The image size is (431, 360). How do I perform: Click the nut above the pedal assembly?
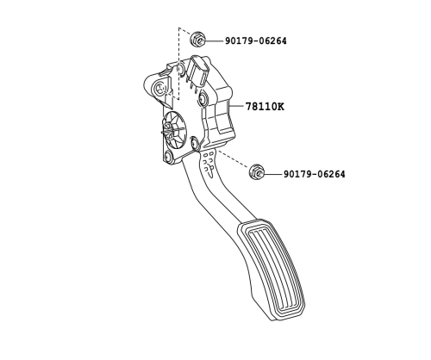pos(197,40)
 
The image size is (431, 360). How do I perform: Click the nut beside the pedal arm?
pos(257,172)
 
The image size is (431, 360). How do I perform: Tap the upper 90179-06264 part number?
pos(255,41)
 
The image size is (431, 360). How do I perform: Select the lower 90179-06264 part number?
pos(315,174)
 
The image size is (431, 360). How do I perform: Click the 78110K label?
pos(265,107)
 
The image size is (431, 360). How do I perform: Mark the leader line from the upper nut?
pos(214,41)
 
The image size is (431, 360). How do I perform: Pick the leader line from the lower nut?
pos(272,174)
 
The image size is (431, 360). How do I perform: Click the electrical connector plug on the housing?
pos(197,71)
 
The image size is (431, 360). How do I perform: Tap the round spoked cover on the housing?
pos(173,129)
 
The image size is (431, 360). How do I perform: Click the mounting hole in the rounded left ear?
pos(159,88)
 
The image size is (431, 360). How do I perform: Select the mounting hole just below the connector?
pos(203,98)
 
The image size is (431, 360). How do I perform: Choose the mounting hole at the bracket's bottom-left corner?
pos(167,157)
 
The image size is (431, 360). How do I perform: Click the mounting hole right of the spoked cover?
pos(195,142)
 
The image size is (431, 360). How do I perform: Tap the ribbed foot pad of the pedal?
pos(272,270)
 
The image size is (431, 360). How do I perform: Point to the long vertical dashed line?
pos(179,64)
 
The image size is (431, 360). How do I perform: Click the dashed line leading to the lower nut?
pos(233,158)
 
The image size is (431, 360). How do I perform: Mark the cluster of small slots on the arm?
pos(208,164)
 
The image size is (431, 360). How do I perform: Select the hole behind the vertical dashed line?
pos(180,70)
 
